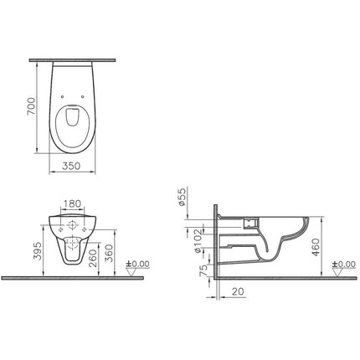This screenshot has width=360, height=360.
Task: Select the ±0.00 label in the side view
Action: pos(343,265)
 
